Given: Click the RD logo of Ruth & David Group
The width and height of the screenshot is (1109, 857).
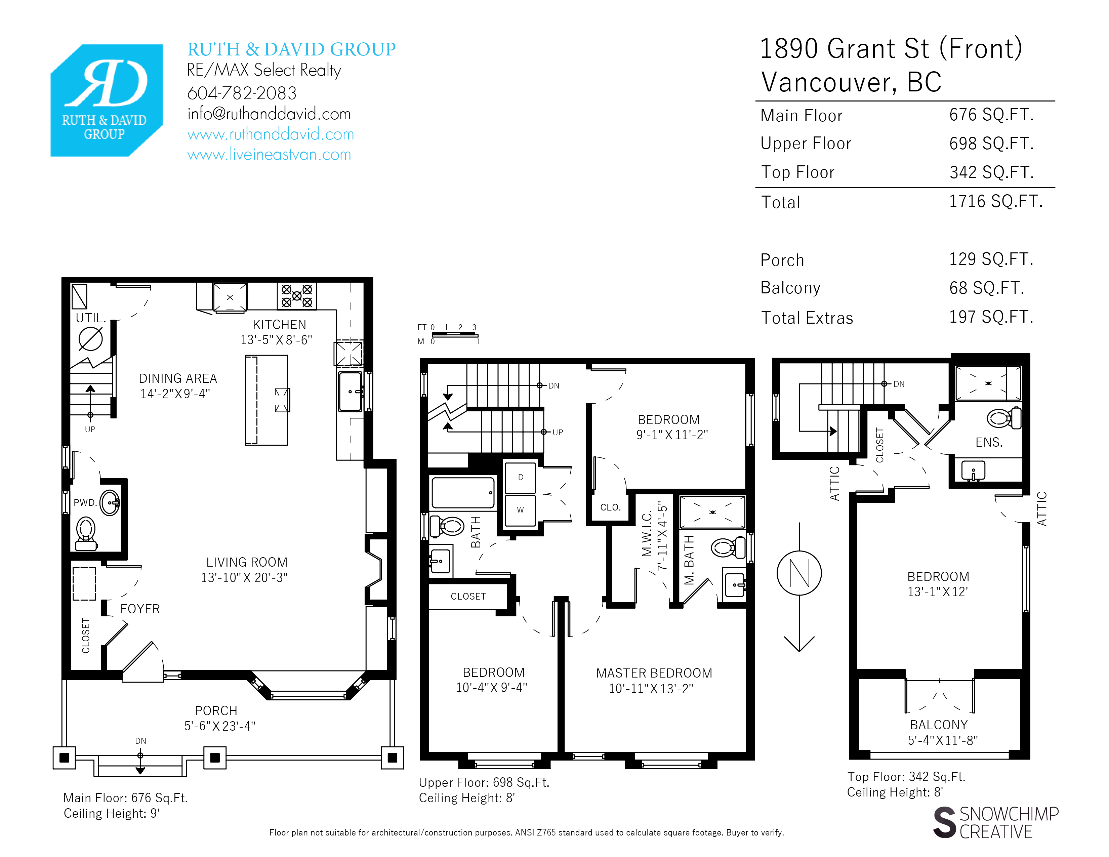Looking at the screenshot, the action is [x=107, y=100].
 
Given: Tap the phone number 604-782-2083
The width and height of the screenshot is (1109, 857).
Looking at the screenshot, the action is [x=242, y=93].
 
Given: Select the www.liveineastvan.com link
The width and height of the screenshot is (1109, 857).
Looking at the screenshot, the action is [x=269, y=154].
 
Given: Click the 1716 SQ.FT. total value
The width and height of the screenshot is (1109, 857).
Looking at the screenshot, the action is [x=996, y=202].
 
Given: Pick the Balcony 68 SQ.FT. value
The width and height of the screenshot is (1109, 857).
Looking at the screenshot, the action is [x=987, y=288].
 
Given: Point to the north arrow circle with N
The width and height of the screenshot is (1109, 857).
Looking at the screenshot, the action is [x=799, y=573].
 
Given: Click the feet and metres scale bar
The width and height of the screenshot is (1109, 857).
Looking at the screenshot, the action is [x=454, y=335].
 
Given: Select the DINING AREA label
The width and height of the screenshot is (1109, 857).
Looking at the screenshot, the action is [x=178, y=378].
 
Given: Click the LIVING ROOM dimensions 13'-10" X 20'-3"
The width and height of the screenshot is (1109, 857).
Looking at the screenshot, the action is [x=244, y=578].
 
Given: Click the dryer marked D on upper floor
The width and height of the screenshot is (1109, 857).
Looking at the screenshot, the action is [x=520, y=477].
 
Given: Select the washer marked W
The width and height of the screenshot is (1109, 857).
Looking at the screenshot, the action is [x=520, y=510].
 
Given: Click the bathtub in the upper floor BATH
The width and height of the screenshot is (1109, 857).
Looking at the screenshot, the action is [x=463, y=492].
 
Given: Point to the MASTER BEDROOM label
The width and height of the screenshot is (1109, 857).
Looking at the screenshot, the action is [x=654, y=673].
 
